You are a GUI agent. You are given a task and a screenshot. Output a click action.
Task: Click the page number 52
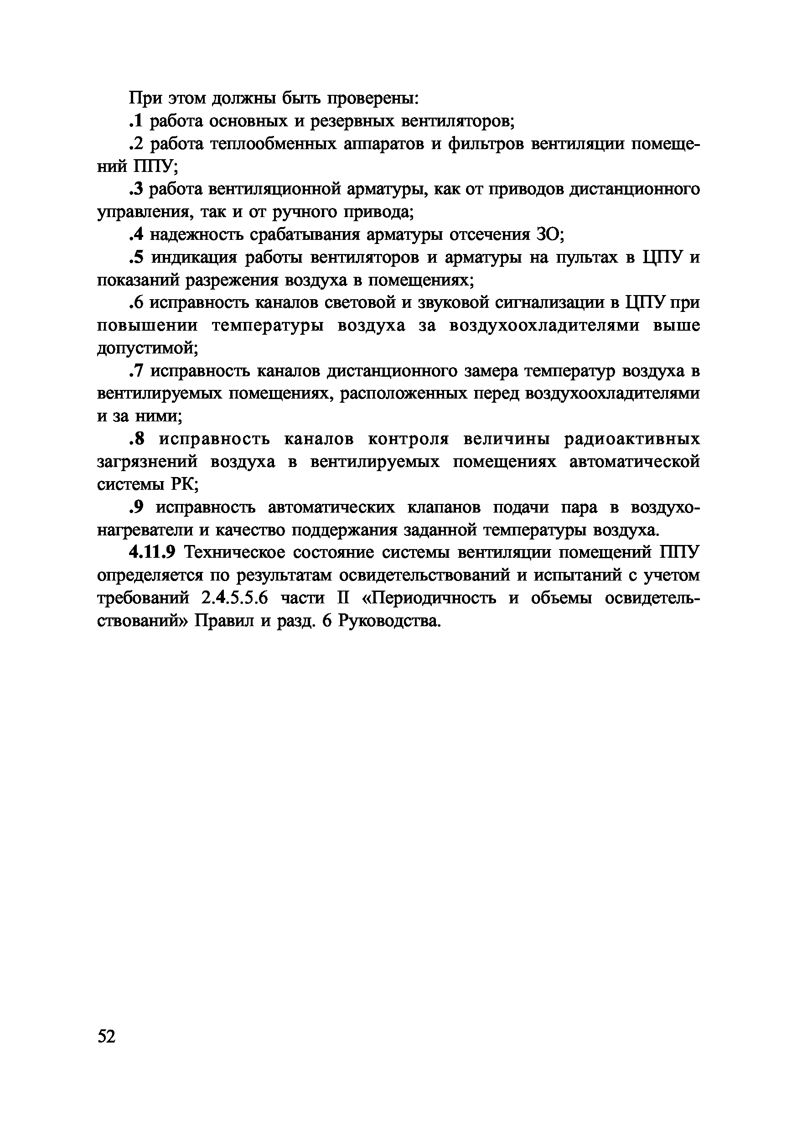[107, 1037]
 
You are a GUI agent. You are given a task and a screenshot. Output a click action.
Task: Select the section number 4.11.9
[152, 553]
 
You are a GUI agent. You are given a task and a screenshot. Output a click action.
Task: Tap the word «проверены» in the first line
[373, 98]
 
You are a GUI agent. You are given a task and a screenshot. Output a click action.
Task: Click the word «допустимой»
[147, 349]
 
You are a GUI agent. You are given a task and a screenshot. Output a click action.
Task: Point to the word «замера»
[491, 371]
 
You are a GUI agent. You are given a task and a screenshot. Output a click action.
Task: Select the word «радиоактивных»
[631, 439]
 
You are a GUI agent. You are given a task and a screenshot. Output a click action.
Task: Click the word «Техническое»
[233, 553]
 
